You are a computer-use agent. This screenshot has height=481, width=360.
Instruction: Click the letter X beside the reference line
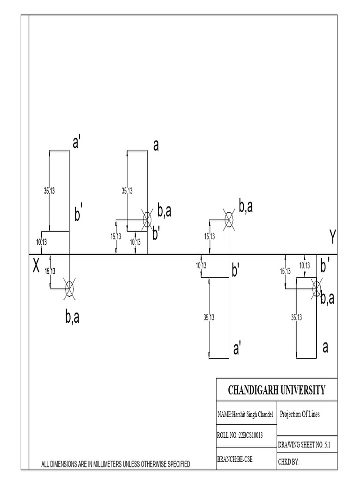(x=36, y=267)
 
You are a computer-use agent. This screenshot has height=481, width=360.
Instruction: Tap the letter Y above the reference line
(x=332, y=238)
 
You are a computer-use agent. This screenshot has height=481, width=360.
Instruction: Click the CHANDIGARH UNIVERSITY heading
(x=276, y=390)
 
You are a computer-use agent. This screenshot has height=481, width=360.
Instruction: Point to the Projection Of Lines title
(x=300, y=415)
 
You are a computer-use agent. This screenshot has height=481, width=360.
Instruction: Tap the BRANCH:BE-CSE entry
(x=235, y=460)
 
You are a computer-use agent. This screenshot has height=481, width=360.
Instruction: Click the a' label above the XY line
(x=77, y=143)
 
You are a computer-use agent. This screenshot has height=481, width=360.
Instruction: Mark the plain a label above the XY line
(x=156, y=146)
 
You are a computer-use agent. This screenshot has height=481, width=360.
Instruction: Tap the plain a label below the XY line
(x=325, y=348)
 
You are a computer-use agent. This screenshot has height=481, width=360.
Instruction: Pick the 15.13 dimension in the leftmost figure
(x=50, y=271)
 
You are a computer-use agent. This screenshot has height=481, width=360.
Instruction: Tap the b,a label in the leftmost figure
(x=72, y=318)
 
